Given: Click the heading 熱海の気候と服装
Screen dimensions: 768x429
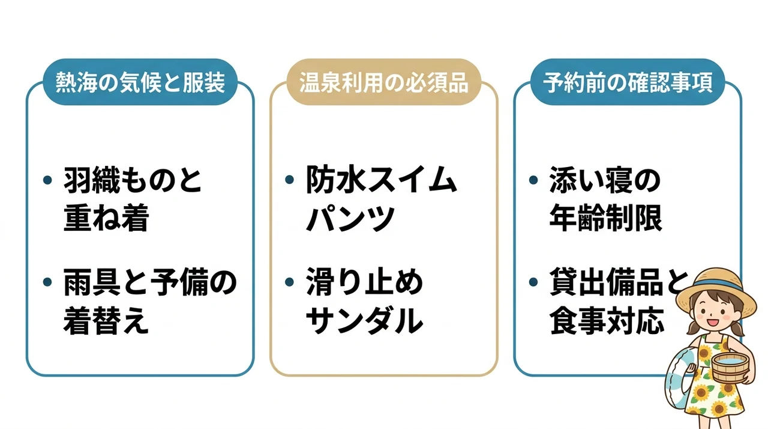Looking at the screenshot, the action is (x=140, y=82).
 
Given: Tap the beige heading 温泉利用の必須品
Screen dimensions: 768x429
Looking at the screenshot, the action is (x=383, y=82).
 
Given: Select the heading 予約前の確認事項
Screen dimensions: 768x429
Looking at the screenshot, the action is (x=628, y=82).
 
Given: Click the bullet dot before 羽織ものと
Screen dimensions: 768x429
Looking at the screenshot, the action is (x=47, y=180).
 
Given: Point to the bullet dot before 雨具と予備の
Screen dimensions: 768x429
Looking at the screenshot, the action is (x=47, y=282).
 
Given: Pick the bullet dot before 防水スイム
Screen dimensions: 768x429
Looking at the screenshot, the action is (x=289, y=179).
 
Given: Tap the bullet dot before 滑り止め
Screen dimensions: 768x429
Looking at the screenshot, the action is (x=289, y=282).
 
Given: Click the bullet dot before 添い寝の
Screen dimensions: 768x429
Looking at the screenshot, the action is (x=533, y=180).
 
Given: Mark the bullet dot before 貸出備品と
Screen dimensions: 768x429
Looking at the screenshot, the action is (x=533, y=282).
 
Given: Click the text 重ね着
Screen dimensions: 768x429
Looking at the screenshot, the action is (x=106, y=218).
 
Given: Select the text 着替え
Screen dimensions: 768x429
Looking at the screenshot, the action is (x=106, y=320).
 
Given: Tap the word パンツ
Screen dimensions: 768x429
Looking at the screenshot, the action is (x=350, y=218).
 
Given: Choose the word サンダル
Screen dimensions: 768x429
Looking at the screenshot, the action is (x=364, y=320).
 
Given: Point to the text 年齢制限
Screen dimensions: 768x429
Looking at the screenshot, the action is (x=606, y=218).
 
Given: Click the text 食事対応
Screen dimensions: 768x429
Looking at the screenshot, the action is (x=607, y=320).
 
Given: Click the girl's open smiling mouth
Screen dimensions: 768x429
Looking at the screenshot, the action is (x=713, y=322).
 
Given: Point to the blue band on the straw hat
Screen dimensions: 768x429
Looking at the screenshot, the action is (x=716, y=287).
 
